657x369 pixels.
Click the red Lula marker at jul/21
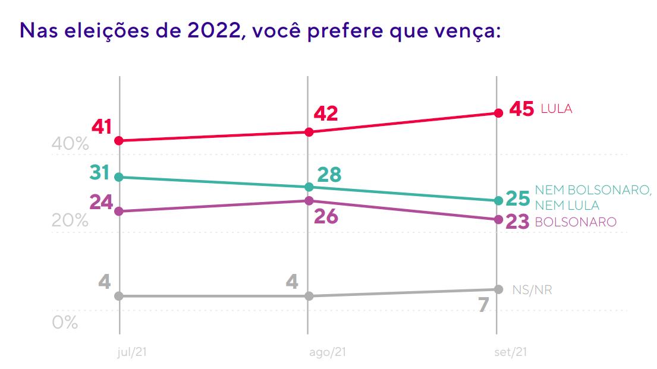coord(119,141)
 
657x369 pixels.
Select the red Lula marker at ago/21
coord(309,132)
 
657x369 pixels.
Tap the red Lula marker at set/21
coord(498,113)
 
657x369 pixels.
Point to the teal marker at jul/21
coord(119,177)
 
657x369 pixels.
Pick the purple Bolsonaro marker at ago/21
coord(309,201)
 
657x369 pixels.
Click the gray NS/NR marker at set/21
coord(498,289)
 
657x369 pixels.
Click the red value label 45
coord(521,109)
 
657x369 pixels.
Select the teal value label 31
coord(100,173)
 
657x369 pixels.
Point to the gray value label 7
coord(483,305)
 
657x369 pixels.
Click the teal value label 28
coord(329,175)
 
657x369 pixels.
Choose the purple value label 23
coord(517,222)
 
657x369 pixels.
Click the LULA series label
coord(557,109)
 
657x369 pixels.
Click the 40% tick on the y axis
coord(70,144)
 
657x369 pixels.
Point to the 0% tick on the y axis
coord(65,322)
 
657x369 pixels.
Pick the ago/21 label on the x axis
coord(328,352)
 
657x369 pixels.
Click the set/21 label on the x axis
coord(511,352)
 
